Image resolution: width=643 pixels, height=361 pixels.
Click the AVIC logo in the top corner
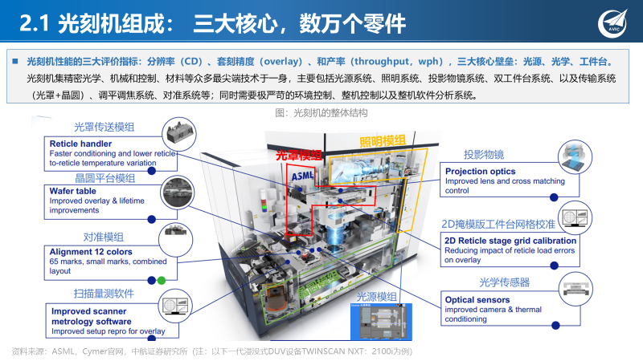pyautogui.click(x=620, y=21)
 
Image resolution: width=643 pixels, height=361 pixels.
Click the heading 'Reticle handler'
pyautogui.click(x=80, y=144)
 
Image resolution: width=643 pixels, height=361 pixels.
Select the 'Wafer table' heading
pyautogui.click(x=75, y=192)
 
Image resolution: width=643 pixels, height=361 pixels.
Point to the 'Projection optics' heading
pyautogui.click(x=481, y=172)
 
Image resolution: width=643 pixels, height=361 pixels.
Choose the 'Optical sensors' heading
pyautogui.click(x=477, y=300)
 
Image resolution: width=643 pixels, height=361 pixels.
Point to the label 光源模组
pyautogui.click(x=377, y=296)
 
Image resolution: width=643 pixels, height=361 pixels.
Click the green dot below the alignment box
pyautogui.click(x=161, y=280)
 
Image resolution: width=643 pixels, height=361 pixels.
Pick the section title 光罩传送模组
pyautogui.click(x=104, y=127)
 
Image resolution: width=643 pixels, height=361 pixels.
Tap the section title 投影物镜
pyautogui.click(x=483, y=154)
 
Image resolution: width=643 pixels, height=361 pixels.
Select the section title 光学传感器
pyautogui.click(x=504, y=282)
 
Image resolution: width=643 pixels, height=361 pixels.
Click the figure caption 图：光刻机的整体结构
pyautogui.click(x=321, y=112)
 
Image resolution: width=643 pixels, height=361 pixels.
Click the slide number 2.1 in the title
pyautogui.click(x=35, y=24)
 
